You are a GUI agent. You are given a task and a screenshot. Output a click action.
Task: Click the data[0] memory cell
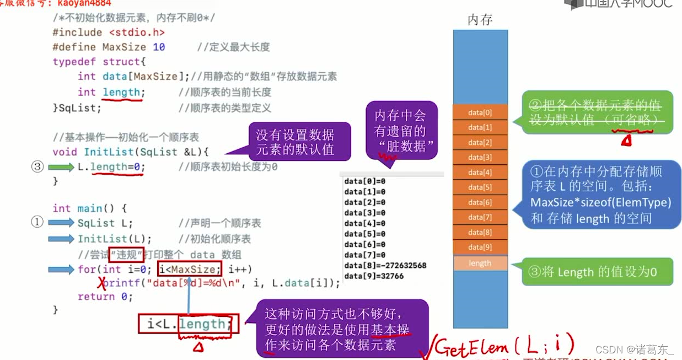[480, 112]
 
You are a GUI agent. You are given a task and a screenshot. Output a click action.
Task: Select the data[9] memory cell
[480, 247]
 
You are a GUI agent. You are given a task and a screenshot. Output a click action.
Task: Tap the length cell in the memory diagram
[480, 263]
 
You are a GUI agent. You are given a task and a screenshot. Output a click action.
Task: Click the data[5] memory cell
[480, 187]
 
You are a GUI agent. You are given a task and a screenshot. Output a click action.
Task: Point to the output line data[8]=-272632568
[385, 265]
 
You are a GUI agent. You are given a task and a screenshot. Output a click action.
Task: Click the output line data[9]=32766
[374, 276]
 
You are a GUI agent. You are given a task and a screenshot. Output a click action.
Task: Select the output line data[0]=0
[364, 181]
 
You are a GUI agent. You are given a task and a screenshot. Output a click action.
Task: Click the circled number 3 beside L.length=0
[37, 166]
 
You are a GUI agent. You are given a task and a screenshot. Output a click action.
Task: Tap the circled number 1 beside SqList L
[37, 222]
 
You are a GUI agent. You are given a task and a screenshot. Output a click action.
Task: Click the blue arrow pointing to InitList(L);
[61, 239]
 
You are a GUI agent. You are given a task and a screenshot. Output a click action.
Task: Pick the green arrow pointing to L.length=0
[61, 166]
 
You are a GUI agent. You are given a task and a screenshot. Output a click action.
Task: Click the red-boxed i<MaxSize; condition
[189, 269]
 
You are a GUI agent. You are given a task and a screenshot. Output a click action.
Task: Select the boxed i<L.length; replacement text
[189, 324]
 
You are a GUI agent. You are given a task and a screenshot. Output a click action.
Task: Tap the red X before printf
[101, 283]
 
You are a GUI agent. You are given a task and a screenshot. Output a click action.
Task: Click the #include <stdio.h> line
[109, 33]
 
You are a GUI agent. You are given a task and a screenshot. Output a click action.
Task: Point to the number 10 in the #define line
[159, 47]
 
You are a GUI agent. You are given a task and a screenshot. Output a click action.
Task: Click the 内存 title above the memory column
[480, 20]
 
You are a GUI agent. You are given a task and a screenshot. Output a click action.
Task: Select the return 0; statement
[105, 297]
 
